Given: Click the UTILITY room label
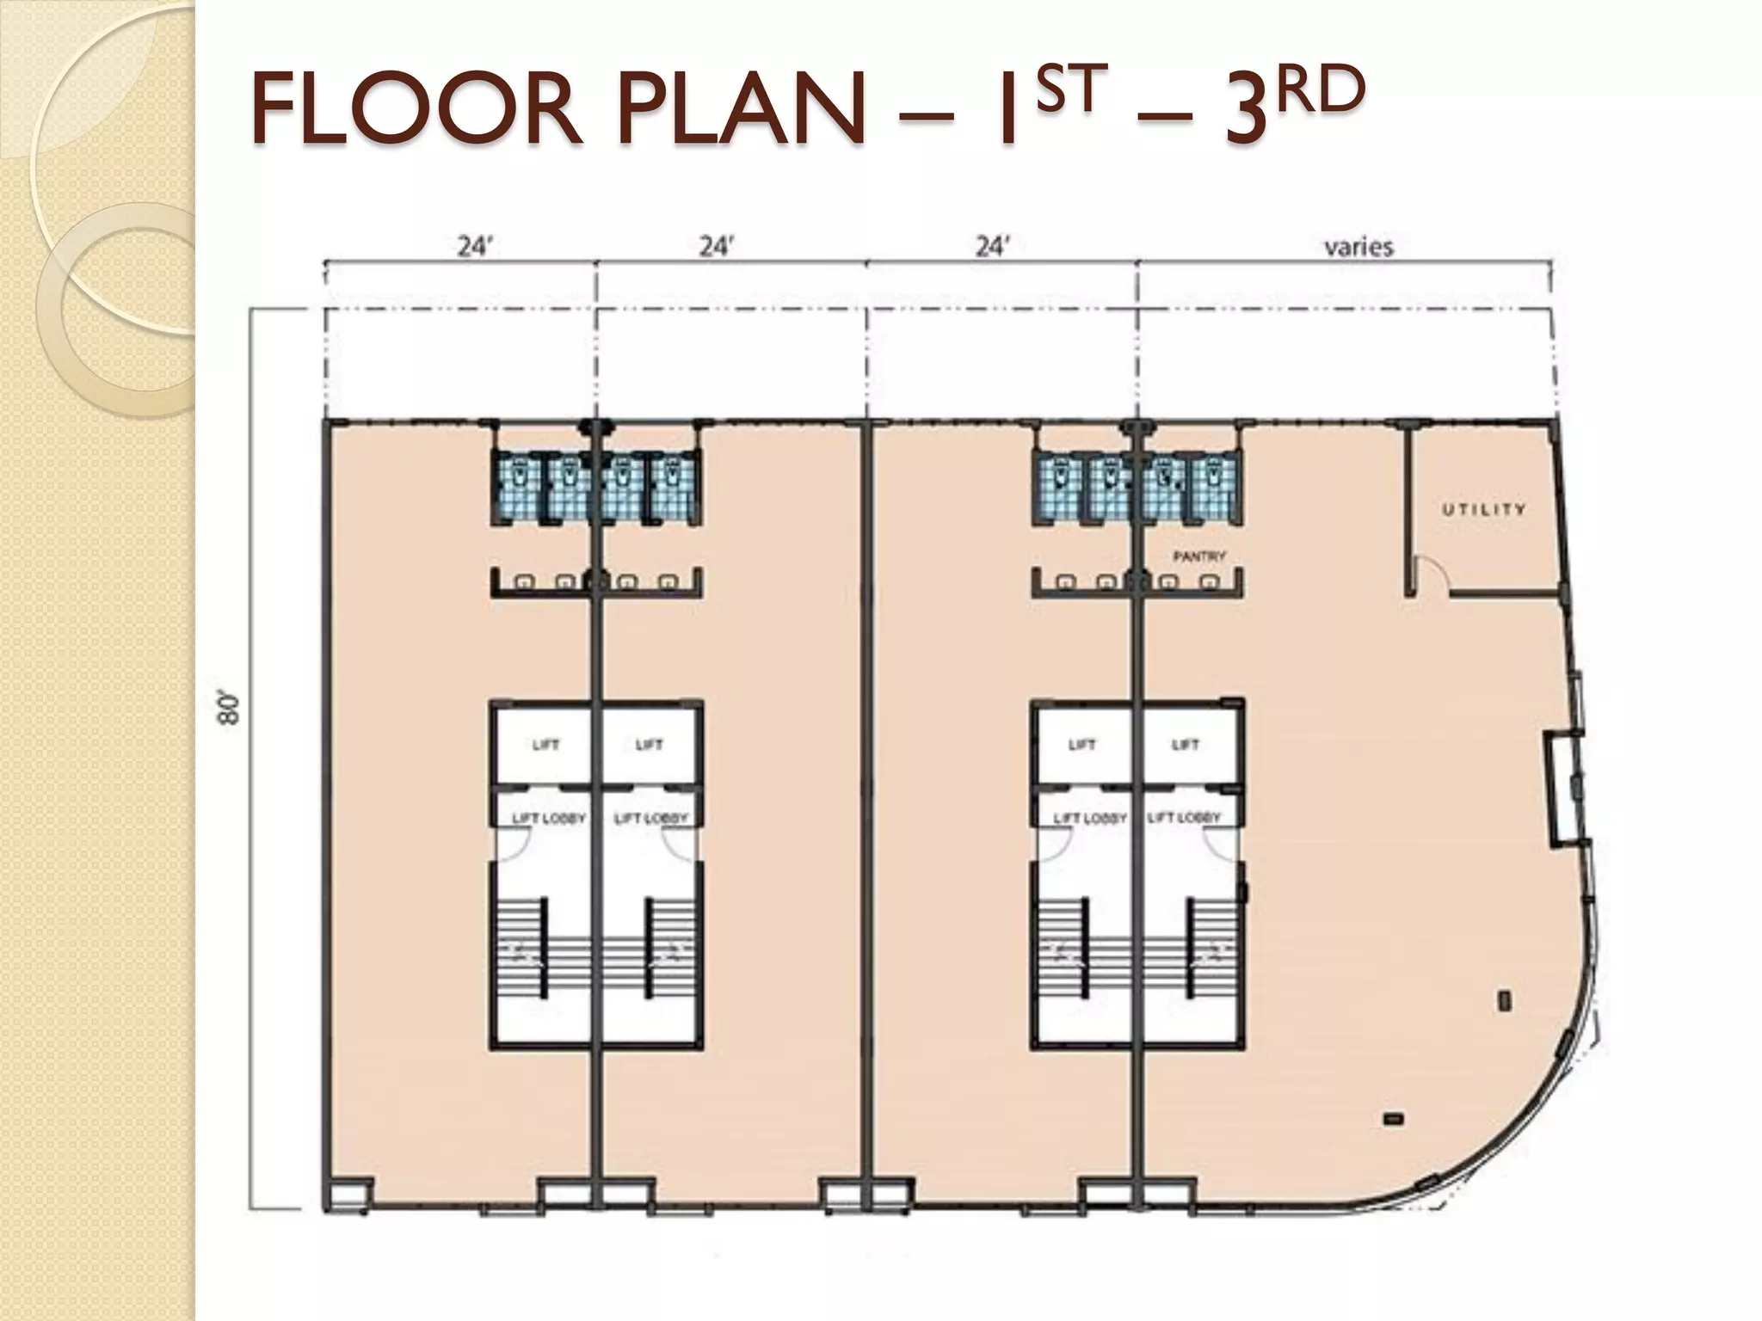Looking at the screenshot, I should click(1483, 510).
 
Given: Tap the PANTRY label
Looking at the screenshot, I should click(1199, 557).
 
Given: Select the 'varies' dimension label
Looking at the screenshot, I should click(1358, 248).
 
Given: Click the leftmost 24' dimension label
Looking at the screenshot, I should click(474, 248).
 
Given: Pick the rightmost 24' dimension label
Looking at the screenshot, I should click(991, 248).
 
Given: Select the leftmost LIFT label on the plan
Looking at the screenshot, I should click(545, 745).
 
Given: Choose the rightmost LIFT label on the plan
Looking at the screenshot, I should click(1185, 745).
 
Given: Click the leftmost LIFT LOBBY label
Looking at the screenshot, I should click(548, 818).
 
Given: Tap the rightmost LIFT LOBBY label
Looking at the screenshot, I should click(1184, 817).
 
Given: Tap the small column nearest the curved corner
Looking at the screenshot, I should click(1506, 1000).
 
